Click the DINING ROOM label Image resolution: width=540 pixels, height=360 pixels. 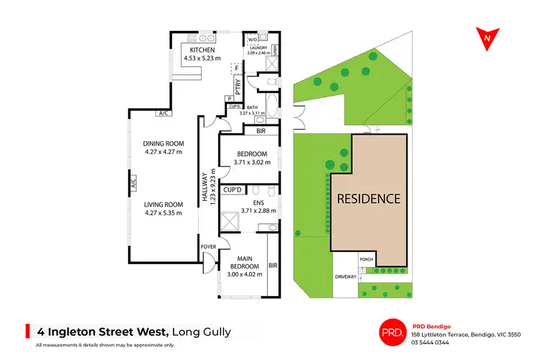164,144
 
